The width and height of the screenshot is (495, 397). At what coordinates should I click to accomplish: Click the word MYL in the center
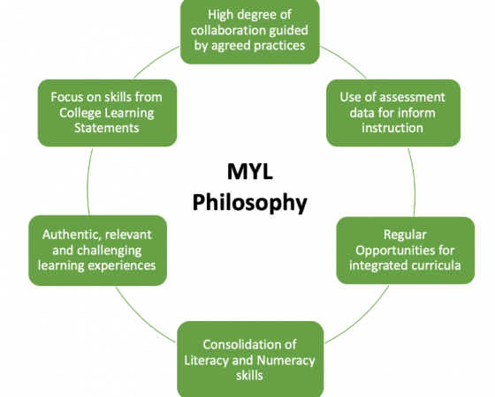pos(249,172)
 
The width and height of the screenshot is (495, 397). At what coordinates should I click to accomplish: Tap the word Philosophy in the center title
pos(249,203)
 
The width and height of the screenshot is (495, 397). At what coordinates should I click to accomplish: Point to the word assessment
pos(411,97)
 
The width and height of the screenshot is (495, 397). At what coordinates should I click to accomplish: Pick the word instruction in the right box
pos(392,128)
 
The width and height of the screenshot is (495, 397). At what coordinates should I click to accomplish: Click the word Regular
pos(405,235)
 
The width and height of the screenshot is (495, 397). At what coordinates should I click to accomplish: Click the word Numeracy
pos(286,361)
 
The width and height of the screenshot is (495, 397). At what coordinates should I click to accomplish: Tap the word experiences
pos(122,266)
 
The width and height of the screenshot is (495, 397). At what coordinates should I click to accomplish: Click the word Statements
pos(107,128)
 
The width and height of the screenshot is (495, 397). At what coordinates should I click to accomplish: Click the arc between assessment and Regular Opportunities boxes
pos(415,182)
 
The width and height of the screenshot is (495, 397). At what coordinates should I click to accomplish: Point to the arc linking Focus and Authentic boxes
pos(88,182)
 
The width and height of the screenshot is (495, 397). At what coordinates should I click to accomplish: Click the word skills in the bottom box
pos(249,376)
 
